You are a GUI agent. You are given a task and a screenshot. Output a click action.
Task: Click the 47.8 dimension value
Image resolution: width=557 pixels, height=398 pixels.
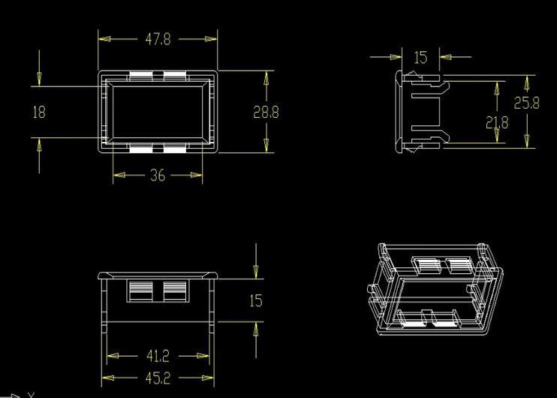point(158,39)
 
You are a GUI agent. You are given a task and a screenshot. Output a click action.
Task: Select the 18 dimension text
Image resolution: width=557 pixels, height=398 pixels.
point(39,112)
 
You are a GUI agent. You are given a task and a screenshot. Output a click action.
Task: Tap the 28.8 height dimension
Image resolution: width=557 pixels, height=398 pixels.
point(266,112)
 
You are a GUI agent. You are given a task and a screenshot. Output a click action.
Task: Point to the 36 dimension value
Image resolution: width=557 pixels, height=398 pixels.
point(158,176)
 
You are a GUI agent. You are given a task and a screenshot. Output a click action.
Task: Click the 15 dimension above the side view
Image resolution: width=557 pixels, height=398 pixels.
point(420,56)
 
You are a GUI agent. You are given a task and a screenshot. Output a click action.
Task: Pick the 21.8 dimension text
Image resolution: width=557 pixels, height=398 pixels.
point(497,122)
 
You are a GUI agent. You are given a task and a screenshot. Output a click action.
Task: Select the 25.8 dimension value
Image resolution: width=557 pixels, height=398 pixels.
point(526,103)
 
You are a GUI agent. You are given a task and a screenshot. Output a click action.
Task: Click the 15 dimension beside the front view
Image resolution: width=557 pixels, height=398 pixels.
point(256,300)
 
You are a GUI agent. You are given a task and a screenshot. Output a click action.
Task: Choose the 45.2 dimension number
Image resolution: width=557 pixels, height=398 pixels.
point(158,378)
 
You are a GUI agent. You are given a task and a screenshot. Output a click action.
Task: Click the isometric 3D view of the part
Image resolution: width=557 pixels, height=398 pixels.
point(435,288)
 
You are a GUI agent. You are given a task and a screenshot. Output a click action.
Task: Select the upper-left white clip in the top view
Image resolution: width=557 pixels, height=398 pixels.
point(140,75)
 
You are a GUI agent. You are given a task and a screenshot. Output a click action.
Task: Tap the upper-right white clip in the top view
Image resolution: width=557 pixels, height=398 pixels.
point(175,75)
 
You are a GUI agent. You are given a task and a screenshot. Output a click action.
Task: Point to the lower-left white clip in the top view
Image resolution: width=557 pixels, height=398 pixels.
point(140,149)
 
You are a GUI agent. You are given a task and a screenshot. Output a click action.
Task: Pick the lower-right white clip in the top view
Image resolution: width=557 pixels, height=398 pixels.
point(175,149)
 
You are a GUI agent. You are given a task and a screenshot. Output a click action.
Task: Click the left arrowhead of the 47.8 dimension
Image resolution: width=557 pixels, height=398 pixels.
point(104,39)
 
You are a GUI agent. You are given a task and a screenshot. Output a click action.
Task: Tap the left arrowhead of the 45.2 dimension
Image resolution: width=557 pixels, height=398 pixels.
point(107,378)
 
